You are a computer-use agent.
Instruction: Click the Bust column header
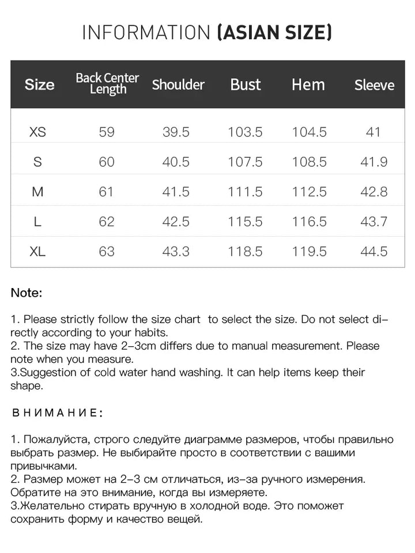pyautogui.click(x=246, y=85)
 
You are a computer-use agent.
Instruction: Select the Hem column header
pyautogui.click(x=308, y=85)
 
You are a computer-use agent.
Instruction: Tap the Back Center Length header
pyautogui.click(x=107, y=84)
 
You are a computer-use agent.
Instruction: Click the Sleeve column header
pyautogui.click(x=374, y=85)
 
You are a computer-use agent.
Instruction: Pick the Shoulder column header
pyautogui.click(x=178, y=85)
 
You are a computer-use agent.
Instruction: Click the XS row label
pyautogui.click(x=37, y=132)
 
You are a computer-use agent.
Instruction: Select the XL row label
pyautogui.click(x=37, y=252)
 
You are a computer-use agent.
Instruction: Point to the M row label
pyautogui.click(x=37, y=192)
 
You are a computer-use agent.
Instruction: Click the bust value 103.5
pyautogui.click(x=245, y=132)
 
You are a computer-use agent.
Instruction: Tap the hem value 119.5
pyautogui.click(x=309, y=252)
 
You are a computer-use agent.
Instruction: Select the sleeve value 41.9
pyautogui.click(x=373, y=162)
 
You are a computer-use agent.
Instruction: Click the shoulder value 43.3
pyautogui.click(x=176, y=252)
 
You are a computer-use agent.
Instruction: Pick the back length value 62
pyautogui.click(x=107, y=222)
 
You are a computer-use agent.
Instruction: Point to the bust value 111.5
pyautogui.click(x=245, y=192)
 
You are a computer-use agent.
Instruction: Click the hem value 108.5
pyautogui.click(x=309, y=162)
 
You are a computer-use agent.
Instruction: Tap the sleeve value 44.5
pyautogui.click(x=373, y=252)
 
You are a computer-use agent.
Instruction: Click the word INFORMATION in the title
pyautogui.click(x=146, y=33)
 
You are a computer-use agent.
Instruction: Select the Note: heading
pyautogui.click(x=27, y=293)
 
